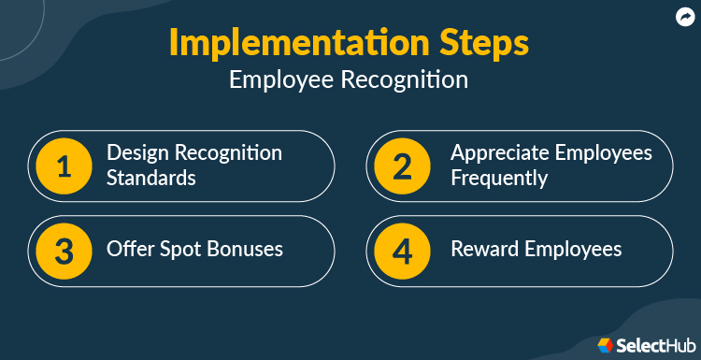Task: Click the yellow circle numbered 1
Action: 64,166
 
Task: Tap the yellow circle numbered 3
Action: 64,251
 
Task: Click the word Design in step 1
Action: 136,152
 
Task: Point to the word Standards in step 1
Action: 151,177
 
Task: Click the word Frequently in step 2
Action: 498,177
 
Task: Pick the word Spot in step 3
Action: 178,250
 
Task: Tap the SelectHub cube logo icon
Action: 605,345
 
